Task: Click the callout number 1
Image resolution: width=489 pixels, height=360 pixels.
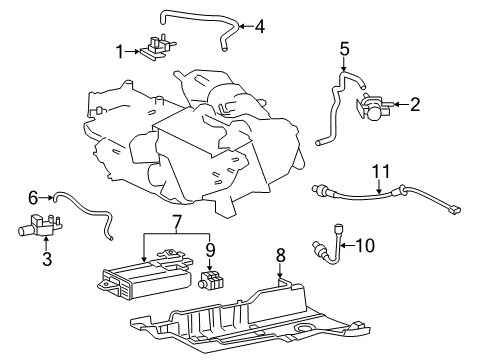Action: click(x=120, y=51)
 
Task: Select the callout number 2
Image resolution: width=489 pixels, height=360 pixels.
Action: click(x=415, y=103)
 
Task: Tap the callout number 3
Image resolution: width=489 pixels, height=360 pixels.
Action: click(x=47, y=260)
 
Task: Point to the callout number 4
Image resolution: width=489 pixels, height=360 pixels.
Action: click(x=260, y=26)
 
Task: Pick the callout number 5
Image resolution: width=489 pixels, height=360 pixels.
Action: click(x=344, y=47)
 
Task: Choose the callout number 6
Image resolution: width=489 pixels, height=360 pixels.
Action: click(x=32, y=198)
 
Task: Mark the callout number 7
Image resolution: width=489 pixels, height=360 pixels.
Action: click(x=177, y=220)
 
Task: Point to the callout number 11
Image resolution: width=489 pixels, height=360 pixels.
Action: click(x=381, y=173)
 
